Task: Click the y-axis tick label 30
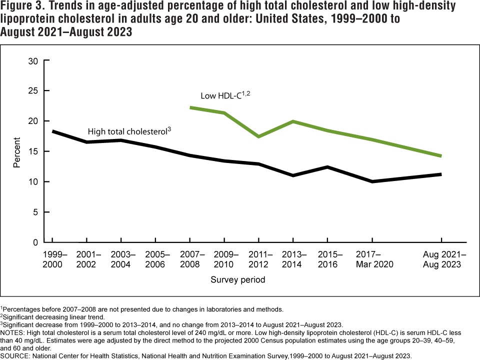click(33, 61)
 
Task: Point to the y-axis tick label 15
click(33, 151)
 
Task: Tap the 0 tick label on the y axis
click(36, 242)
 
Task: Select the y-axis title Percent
click(17, 151)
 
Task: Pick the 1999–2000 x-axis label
click(53, 259)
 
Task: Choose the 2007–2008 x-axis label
click(190, 259)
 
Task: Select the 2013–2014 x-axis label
click(291, 259)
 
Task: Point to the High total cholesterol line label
click(129, 131)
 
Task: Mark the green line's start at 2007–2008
click(191, 107)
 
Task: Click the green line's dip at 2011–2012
click(257, 136)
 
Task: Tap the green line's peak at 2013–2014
click(291, 121)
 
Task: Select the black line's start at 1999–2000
click(53, 131)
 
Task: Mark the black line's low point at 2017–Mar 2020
click(371, 181)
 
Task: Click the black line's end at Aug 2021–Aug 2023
click(440, 174)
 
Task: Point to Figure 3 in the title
click(22, 6)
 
